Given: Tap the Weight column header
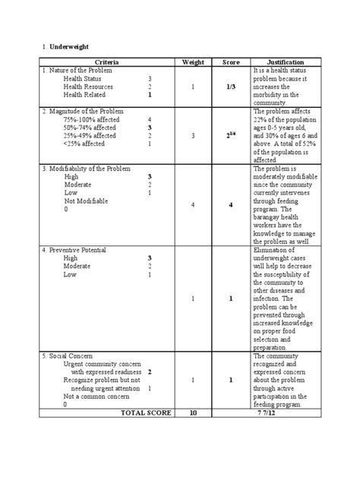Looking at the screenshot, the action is click(194, 61).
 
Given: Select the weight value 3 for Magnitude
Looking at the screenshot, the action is click(194, 136).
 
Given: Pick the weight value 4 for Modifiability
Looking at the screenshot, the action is click(194, 205).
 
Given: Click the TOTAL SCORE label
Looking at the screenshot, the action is click(140, 412).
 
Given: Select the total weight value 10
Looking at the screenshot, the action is click(194, 412).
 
